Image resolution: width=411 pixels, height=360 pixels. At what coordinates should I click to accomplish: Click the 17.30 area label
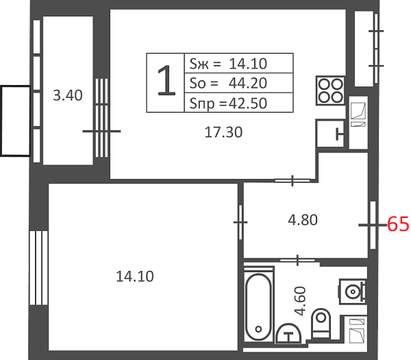pyautogui.click(x=223, y=132)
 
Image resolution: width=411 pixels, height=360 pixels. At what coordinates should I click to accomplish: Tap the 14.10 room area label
pyautogui.click(x=135, y=276)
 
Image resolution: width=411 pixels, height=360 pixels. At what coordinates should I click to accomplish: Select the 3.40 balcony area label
pyautogui.click(x=68, y=95)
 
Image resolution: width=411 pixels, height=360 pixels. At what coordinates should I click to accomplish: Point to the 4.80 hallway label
pyautogui.click(x=303, y=220)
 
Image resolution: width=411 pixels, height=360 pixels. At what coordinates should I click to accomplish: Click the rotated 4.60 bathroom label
pyautogui.click(x=301, y=301)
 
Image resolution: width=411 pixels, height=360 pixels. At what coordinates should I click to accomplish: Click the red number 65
pyautogui.click(x=398, y=224)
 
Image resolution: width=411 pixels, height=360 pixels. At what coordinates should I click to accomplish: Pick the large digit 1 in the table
pyautogui.click(x=166, y=80)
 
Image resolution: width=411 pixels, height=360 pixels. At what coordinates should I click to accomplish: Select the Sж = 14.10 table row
pyautogui.click(x=238, y=63)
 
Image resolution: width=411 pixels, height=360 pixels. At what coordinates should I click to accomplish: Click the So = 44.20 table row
pyautogui.click(x=238, y=83)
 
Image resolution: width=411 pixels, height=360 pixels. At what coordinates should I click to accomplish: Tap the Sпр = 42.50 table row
pyautogui.click(x=238, y=103)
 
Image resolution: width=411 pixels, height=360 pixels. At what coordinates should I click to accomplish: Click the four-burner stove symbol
pyautogui.click(x=330, y=91)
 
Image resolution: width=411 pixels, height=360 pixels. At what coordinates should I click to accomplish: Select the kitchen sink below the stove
pyautogui.click(x=330, y=134)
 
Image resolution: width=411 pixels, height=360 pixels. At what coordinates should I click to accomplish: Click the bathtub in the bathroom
pyautogui.click(x=258, y=307)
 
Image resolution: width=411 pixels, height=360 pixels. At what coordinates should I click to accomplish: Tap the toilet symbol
pyautogui.click(x=321, y=323)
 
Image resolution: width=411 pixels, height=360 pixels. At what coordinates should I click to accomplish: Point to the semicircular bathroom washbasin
pyautogui.click(x=288, y=333)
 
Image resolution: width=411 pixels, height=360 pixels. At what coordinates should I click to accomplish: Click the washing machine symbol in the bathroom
pyautogui.click(x=352, y=291)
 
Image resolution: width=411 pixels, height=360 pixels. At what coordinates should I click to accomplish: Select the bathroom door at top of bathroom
pyautogui.click(x=297, y=261)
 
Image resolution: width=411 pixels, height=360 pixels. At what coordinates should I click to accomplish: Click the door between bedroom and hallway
pyautogui.click(x=240, y=222)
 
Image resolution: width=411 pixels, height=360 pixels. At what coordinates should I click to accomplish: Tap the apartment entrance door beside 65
pyautogui.click(x=373, y=225)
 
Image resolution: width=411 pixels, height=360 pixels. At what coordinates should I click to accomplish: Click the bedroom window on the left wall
pyautogui.click(x=38, y=268)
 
